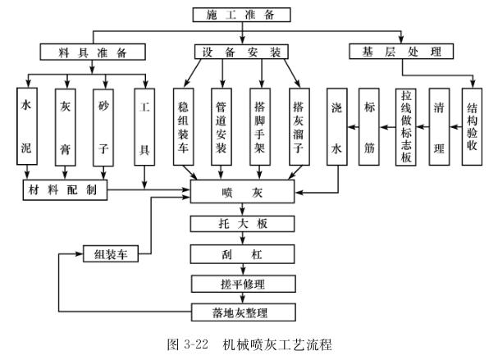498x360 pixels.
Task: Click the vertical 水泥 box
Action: [28, 127]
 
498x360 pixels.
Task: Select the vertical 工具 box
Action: [144, 127]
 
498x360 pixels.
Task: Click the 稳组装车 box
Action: [184, 127]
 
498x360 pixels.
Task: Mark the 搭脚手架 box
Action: [260, 127]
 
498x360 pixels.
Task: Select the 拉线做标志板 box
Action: [404, 127]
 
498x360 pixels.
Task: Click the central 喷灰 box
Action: [241, 194]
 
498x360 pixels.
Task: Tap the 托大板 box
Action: [241, 224]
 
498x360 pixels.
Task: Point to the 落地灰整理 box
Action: [241, 312]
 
